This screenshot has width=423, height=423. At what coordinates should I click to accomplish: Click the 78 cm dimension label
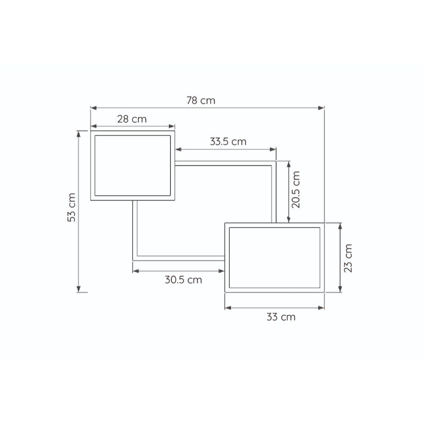coord(201,101)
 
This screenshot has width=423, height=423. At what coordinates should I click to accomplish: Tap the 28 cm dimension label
coord(132,119)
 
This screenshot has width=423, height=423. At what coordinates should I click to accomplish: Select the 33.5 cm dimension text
coord(228,142)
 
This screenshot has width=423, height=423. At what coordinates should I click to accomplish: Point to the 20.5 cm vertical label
coord(296,190)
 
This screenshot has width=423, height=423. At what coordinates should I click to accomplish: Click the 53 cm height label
coord(71,207)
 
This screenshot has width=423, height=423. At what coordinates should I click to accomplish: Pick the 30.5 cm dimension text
coord(184,280)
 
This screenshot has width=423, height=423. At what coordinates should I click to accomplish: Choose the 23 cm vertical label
coord(348,258)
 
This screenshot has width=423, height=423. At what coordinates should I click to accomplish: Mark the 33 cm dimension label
coord(281,317)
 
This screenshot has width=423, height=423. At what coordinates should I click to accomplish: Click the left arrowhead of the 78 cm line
coord(93,108)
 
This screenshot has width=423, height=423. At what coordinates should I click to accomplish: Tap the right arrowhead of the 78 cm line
coord(321,108)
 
